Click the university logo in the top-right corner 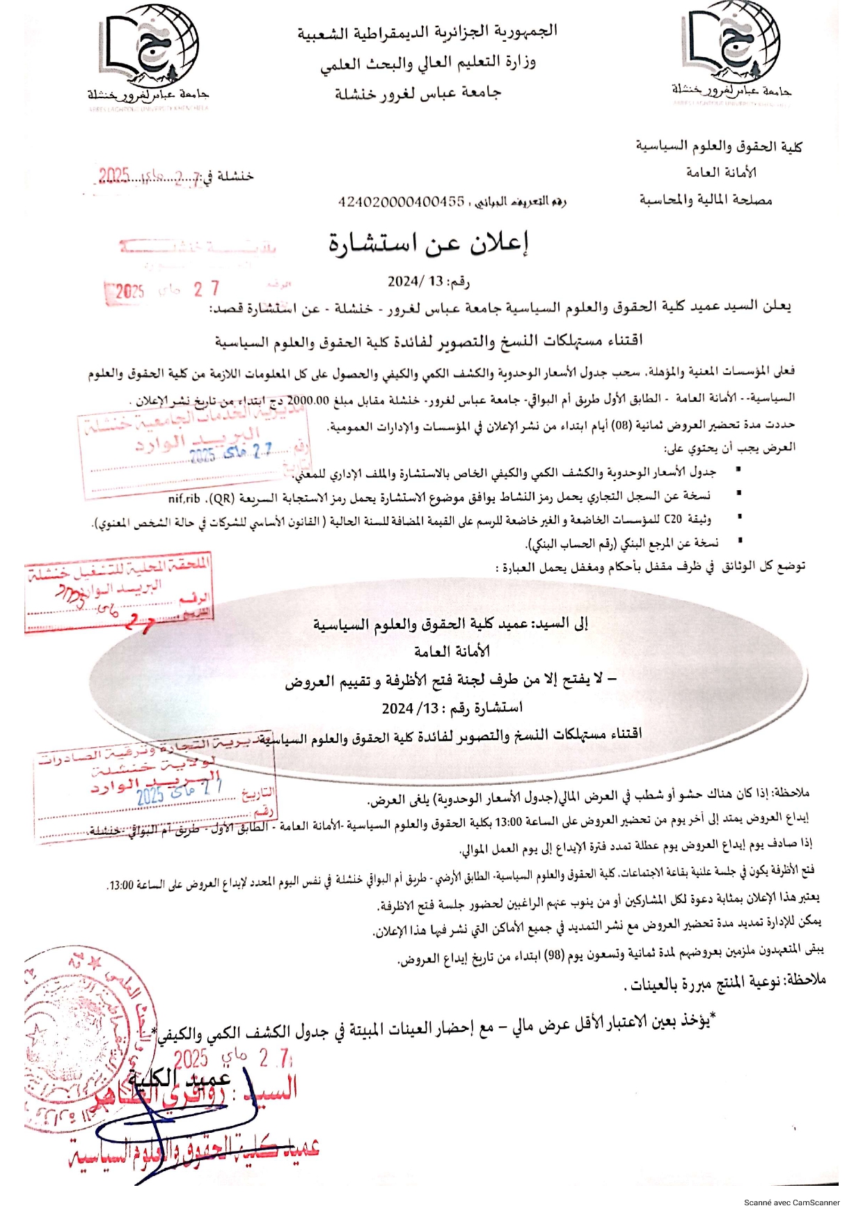tap(731, 54)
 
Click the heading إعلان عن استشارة tap(429, 243)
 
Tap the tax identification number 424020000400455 tap(401, 201)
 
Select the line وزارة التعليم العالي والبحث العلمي tap(428, 63)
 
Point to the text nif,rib tap(184, 499)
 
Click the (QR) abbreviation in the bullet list tap(222, 499)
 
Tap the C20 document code tap(673, 519)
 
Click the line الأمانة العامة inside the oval tap(452, 652)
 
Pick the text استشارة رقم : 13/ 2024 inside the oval tap(452, 707)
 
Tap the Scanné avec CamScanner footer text tap(791, 1202)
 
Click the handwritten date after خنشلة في tap(148, 177)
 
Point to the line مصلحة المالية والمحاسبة tap(706, 201)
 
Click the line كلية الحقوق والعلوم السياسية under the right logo tap(718, 147)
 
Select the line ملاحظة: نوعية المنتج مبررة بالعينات tap(724, 982)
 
